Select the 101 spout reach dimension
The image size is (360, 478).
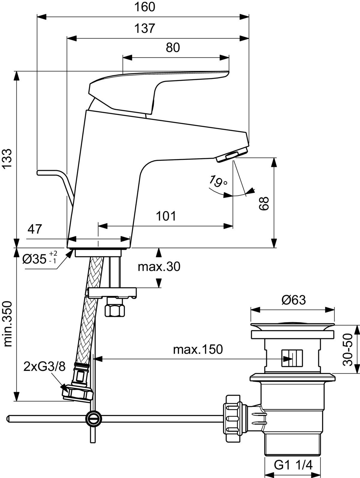click(x=166, y=216)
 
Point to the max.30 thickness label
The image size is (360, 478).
click(x=159, y=266)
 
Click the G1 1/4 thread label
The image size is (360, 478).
click(x=293, y=466)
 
